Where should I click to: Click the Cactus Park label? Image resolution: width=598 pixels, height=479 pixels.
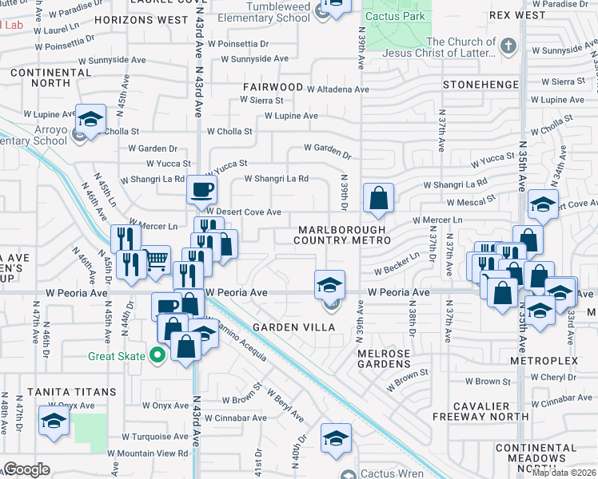[397, 17]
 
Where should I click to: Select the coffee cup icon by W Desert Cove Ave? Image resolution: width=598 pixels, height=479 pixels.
[201, 190]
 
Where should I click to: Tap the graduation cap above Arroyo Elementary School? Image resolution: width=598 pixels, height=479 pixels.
[90, 119]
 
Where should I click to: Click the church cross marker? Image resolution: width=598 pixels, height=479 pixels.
[508, 46]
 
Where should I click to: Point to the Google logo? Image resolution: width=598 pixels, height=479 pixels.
[26, 469]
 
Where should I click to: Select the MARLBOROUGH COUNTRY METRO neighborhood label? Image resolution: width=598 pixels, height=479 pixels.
[341, 236]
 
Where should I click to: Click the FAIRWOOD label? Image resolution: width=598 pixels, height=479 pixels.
[274, 86]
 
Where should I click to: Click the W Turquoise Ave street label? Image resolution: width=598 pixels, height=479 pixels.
[155, 437]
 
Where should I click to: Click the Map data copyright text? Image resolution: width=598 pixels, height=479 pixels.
[564, 473]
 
